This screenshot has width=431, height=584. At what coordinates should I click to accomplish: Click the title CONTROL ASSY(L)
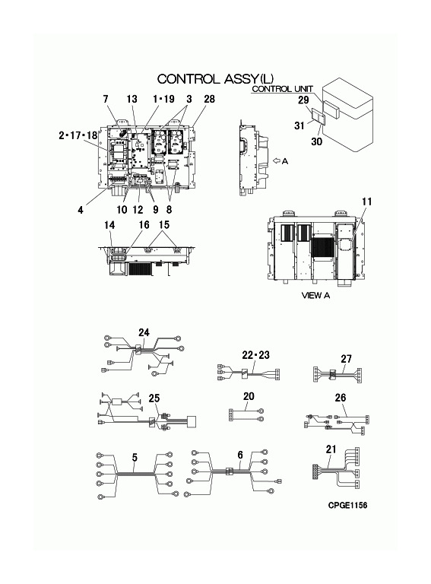coord(216,79)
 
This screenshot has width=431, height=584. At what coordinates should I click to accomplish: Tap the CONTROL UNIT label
coord(283,89)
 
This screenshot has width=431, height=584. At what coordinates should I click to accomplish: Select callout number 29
coord(303,100)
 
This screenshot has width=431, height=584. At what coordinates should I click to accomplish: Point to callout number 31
coord(299,125)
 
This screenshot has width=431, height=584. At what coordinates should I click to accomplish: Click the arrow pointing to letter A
coord(276,161)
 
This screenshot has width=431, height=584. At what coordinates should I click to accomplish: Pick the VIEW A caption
coord(315,295)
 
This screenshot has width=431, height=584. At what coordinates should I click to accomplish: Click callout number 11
coord(366,202)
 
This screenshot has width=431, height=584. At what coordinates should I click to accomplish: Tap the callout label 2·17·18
coord(78,135)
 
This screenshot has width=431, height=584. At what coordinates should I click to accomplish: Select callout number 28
coord(210,99)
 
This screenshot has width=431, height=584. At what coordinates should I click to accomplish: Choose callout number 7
coord(106,99)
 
